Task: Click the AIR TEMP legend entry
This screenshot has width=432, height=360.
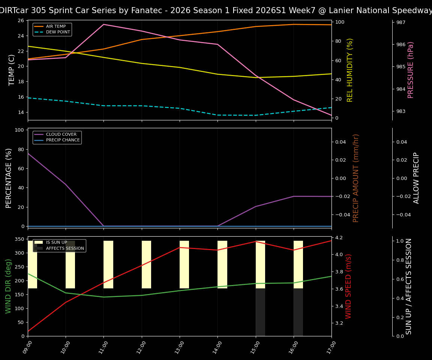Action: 56,27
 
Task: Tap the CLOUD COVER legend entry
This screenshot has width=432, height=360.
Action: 61,135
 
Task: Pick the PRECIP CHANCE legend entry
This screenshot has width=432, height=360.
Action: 63,140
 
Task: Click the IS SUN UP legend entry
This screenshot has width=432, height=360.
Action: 56,243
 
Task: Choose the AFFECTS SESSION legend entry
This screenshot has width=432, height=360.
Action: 65,248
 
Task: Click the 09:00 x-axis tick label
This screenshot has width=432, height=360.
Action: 27,347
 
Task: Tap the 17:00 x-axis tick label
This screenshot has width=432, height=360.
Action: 330,347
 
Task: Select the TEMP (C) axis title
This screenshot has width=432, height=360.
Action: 12,70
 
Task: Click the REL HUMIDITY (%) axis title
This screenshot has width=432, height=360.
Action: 350,70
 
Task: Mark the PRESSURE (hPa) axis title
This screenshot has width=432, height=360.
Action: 411,70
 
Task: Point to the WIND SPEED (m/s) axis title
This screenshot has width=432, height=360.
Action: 349,286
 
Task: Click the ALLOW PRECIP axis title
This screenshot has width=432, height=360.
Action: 417,178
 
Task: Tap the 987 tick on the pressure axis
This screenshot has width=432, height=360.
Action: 401,22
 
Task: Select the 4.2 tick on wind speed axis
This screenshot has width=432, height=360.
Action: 339,237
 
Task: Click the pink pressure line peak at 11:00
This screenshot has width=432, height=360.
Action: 103,24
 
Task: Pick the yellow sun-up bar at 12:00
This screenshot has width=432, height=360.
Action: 146,264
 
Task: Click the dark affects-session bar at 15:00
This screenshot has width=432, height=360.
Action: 260,312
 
